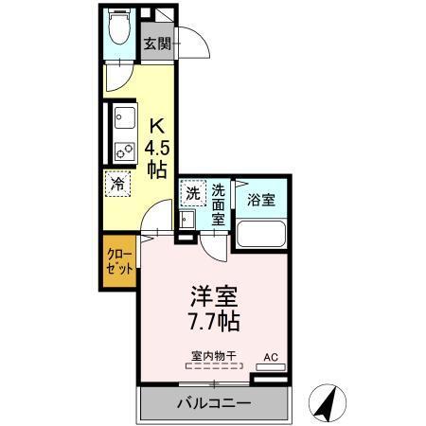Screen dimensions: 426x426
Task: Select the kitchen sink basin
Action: [123, 120]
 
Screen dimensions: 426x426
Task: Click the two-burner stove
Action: [123, 149]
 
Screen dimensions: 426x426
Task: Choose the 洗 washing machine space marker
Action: [192, 192]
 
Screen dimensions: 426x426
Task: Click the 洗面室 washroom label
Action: [218, 203]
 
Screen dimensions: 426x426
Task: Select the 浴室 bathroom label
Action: [260, 201]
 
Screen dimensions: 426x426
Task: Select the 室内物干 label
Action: [213, 356]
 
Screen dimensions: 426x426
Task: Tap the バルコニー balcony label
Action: [213, 404]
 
